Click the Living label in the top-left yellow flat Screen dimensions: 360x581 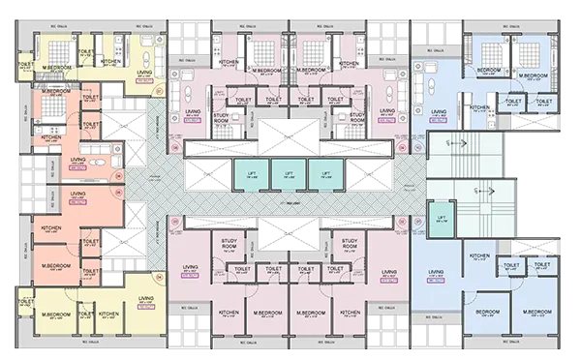(x=143, y=73)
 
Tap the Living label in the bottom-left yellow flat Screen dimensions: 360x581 (x=144, y=298)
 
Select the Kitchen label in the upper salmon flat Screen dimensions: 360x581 (x=51, y=137)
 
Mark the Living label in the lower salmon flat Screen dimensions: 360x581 (x=78, y=194)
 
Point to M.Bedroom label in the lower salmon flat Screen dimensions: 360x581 (x=52, y=263)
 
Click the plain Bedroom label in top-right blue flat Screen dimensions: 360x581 (x=488, y=70)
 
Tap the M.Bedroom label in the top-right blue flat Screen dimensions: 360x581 (x=534, y=75)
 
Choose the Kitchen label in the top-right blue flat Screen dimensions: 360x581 (x=478, y=107)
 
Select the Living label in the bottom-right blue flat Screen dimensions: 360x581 (x=436, y=273)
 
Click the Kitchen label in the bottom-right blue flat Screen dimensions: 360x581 (x=478, y=255)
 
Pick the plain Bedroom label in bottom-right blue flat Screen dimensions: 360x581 (x=488, y=312)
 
